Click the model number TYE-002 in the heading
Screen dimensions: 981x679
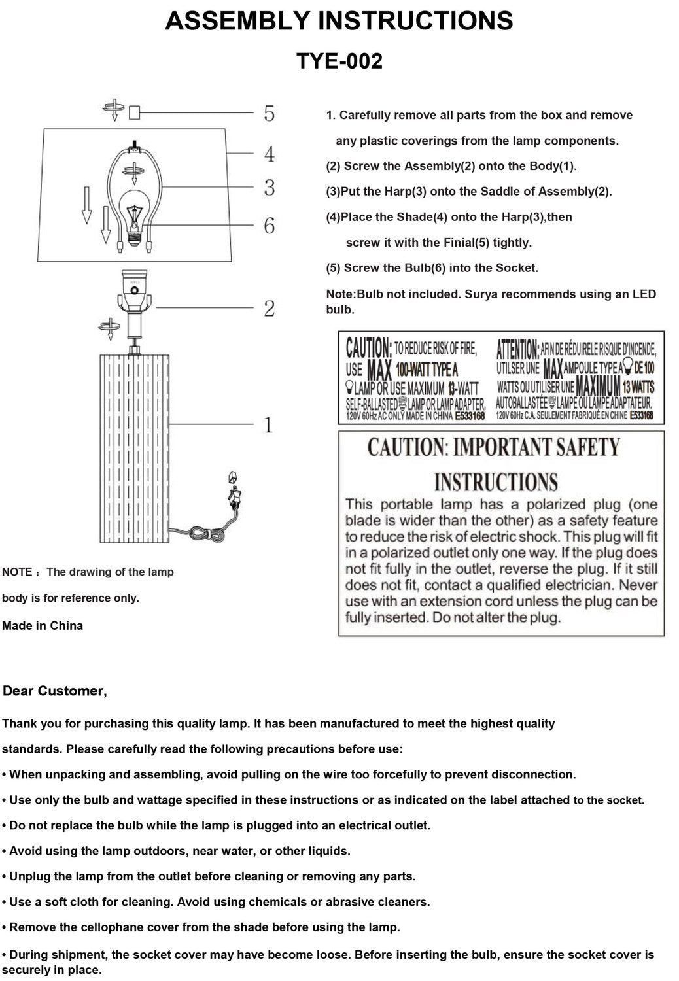(339, 61)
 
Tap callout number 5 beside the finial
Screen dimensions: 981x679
(270, 114)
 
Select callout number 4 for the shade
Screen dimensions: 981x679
(270, 154)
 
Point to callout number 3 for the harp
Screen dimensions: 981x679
(270, 188)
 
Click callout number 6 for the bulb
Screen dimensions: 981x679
(270, 226)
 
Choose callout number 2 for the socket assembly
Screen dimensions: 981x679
(270, 309)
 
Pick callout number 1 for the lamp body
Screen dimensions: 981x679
(268, 425)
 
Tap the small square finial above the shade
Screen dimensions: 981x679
(135, 113)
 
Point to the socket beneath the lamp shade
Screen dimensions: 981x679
(135, 294)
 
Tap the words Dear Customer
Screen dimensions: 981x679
(55, 691)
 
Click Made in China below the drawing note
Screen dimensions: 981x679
(43, 626)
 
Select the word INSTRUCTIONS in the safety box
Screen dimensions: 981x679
(496, 483)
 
